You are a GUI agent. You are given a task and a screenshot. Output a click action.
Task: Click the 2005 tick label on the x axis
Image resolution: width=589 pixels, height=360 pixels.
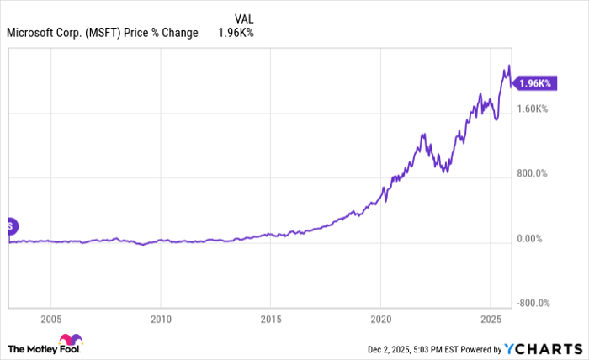click(51, 320)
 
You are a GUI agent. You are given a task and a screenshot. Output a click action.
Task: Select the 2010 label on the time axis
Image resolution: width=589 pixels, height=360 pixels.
click(161, 320)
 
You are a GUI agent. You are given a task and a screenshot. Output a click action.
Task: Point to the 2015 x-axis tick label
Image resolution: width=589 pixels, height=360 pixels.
click(271, 320)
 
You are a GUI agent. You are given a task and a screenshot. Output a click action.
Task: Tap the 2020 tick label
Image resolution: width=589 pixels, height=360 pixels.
click(380, 320)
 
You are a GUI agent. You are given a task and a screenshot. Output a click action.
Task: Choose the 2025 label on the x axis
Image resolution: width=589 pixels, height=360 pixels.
click(491, 320)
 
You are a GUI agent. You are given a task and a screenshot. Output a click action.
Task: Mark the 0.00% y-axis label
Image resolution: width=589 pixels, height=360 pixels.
click(529, 239)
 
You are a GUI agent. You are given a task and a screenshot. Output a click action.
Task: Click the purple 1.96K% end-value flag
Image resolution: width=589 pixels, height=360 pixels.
click(533, 83)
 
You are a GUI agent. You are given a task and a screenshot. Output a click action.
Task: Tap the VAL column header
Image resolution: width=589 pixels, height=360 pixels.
click(242, 18)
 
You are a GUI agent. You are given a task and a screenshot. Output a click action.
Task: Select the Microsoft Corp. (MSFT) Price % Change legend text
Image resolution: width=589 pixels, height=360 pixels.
click(102, 33)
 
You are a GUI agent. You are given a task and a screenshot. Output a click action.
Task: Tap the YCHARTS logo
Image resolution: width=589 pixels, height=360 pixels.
click(544, 348)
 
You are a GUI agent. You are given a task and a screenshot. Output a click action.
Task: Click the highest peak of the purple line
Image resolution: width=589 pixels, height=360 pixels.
click(508, 66)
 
